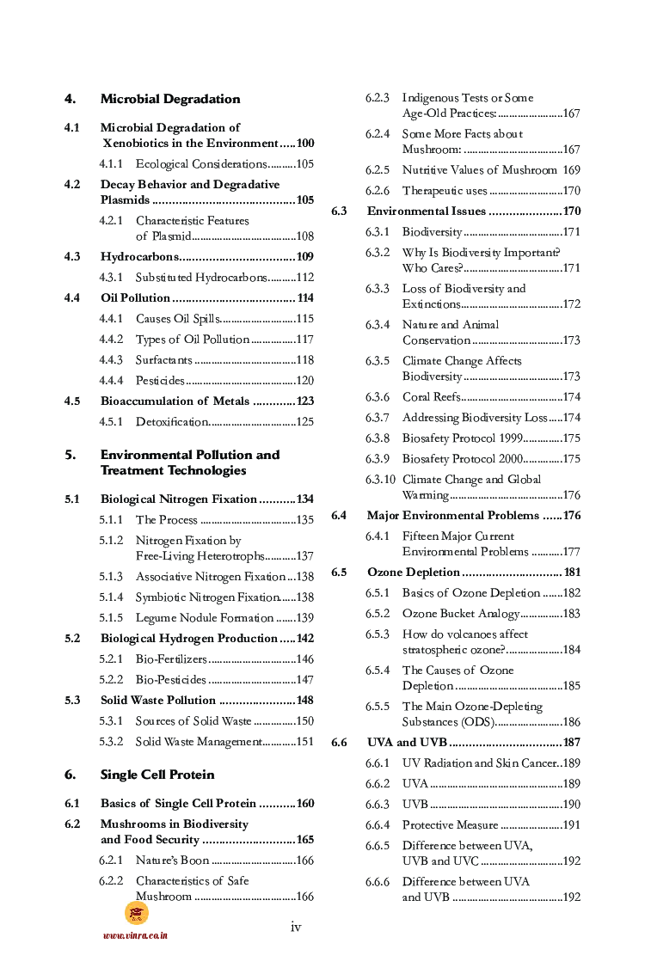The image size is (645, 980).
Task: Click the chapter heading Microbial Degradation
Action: (x=169, y=99)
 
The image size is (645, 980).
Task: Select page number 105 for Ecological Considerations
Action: (x=304, y=164)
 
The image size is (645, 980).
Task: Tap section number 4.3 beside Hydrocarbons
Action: (x=72, y=257)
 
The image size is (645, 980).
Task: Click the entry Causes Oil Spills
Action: (x=178, y=319)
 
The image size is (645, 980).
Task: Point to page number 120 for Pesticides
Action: (x=304, y=381)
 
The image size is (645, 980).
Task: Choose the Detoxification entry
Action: (x=171, y=422)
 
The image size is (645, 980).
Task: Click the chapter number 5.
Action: (x=70, y=455)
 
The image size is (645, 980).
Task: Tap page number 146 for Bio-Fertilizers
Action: (x=304, y=659)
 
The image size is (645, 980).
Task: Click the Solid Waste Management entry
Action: (x=198, y=742)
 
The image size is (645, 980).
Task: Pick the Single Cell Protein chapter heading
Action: (x=157, y=775)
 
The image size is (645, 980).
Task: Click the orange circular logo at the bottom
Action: (x=136, y=913)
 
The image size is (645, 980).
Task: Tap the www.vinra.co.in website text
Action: (x=135, y=935)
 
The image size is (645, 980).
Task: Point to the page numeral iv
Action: (x=296, y=927)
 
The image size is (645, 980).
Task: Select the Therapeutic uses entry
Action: (x=445, y=191)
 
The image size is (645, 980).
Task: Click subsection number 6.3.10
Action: (x=380, y=480)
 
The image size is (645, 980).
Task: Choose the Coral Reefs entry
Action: (x=431, y=397)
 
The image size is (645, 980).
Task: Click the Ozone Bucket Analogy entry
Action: (x=461, y=614)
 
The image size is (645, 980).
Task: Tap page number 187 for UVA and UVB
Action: (x=572, y=743)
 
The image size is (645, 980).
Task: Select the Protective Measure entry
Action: (x=450, y=825)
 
